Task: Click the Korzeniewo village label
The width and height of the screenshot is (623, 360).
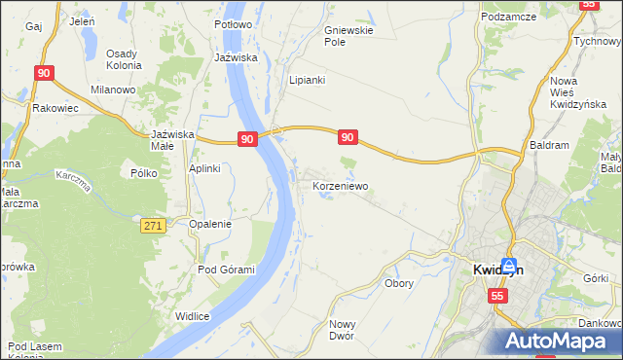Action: (340, 184)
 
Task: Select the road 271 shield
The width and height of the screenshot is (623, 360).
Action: (152, 226)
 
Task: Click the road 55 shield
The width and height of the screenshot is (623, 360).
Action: (498, 296)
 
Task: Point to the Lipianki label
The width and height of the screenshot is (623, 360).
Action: (307, 80)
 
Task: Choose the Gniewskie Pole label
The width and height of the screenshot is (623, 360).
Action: (348, 36)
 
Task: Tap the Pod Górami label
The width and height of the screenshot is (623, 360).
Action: (226, 270)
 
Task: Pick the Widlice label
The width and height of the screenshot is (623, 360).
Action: (193, 315)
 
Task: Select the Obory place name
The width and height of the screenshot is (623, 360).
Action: (399, 284)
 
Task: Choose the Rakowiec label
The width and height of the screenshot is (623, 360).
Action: (55, 108)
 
